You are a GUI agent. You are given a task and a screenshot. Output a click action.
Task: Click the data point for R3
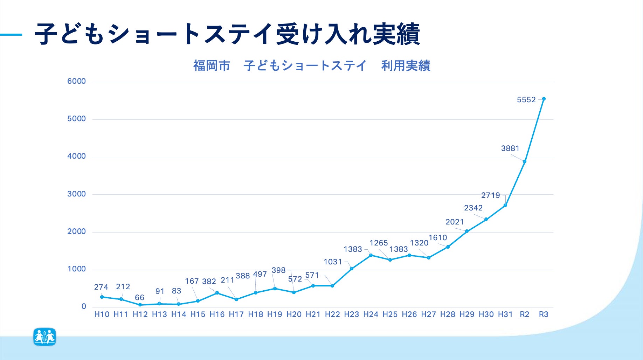pyautogui.click(x=544, y=99)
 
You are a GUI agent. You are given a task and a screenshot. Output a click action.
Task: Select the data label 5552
pyautogui.click(x=526, y=100)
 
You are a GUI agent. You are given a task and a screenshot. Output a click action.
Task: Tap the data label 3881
pyautogui.click(x=510, y=148)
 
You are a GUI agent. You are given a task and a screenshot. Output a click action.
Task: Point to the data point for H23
pyautogui.click(x=352, y=269)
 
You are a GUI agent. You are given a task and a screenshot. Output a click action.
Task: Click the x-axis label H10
pyautogui.click(x=102, y=314)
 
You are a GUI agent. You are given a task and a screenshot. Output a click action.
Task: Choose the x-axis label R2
pyautogui.click(x=524, y=314)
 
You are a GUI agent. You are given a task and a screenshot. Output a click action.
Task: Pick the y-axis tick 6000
pyautogui.click(x=76, y=81)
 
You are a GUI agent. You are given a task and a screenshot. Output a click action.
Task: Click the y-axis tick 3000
pyautogui.click(x=76, y=194)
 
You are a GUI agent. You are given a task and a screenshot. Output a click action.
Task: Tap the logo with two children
pyautogui.click(x=45, y=337)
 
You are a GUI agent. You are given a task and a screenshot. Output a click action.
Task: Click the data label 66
pyautogui.click(x=139, y=298)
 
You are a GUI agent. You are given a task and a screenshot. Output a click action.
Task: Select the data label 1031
pyautogui.click(x=332, y=262)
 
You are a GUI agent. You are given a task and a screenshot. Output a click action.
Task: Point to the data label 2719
pyautogui.click(x=490, y=195)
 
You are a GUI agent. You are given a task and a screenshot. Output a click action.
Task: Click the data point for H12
pyautogui.click(x=140, y=305)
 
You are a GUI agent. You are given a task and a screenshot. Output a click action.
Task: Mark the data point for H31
pyautogui.click(x=505, y=205)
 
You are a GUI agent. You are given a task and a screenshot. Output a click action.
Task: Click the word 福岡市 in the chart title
pyautogui.click(x=212, y=66)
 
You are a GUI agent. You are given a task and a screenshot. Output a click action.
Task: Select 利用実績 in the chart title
pyautogui.click(x=406, y=66)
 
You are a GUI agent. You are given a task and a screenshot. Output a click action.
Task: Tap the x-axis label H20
pyautogui.click(x=294, y=314)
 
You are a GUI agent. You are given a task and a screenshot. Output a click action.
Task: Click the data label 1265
pyautogui.click(x=379, y=243)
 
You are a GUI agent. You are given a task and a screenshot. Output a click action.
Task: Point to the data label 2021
pyautogui.click(x=455, y=222)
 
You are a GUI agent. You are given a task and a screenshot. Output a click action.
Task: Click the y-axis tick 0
pyautogui.click(x=84, y=307)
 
